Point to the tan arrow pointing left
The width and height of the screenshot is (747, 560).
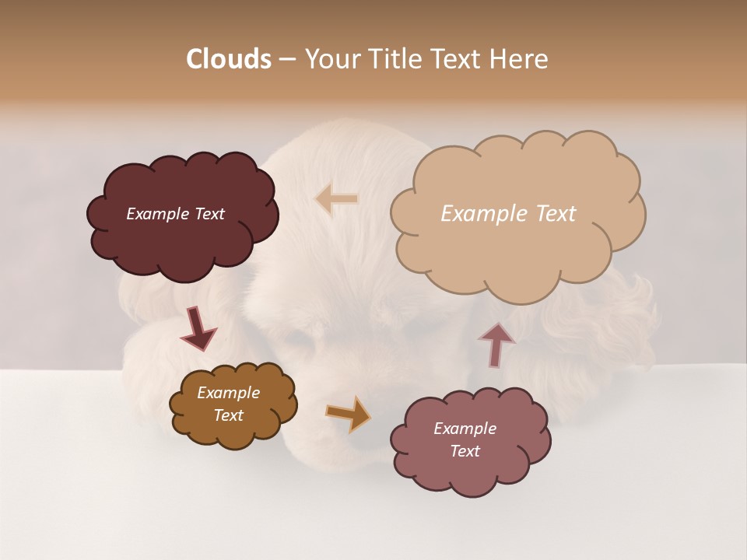coord(336,199)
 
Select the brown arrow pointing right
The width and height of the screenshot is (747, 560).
coord(349,414)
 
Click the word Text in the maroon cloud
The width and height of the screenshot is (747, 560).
coord(209,214)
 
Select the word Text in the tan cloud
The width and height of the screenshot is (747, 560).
coord(556,214)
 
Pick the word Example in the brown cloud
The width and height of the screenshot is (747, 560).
coord(228,393)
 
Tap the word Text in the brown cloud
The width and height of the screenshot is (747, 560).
coord(228,415)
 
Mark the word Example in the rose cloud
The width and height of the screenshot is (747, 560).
coord(465,429)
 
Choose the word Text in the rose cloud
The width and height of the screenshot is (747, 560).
coord(465,451)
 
